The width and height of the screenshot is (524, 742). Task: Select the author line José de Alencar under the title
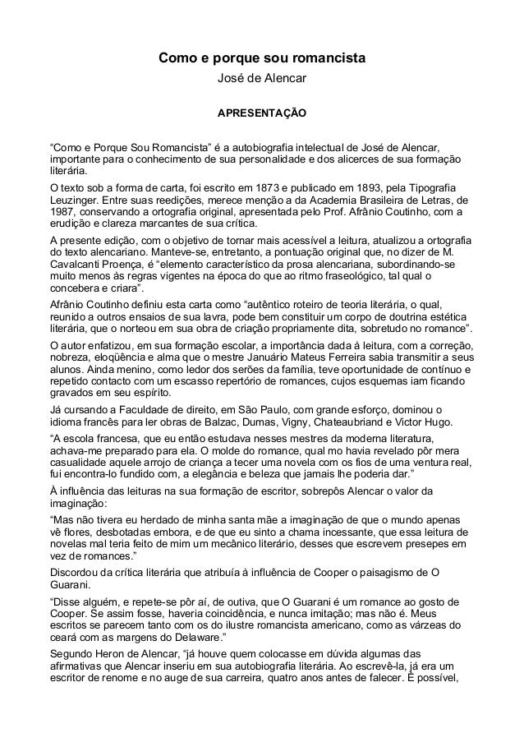coord(261,79)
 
